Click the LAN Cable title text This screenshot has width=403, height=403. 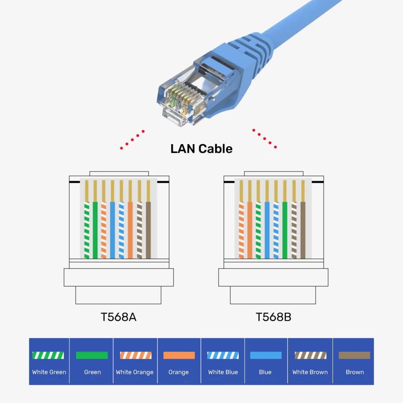(201, 149)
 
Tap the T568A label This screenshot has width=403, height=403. (118, 317)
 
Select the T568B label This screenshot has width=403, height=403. (273, 317)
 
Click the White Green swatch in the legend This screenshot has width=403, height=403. (48, 355)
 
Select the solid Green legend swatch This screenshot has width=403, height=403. (92, 355)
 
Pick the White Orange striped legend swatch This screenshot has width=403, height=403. (135, 355)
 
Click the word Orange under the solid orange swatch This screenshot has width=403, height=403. (179, 372)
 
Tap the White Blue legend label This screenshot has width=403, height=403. (223, 372)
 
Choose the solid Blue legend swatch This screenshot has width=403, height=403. (266, 355)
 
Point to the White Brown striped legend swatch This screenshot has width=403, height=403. (310, 355)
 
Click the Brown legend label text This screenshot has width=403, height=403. (354, 372)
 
